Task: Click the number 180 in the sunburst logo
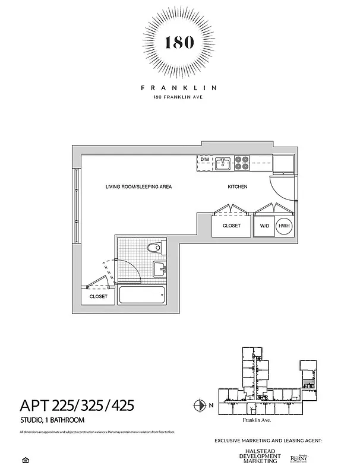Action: (x=179, y=42)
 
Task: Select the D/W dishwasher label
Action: (x=204, y=160)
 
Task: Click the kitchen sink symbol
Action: (x=223, y=162)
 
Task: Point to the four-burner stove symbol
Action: (x=242, y=162)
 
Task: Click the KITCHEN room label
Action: (x=238, y=187)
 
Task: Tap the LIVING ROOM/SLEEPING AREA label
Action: (x=138, y=187)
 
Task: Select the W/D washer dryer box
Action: (x=264, y=226)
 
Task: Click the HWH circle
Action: (x=284, y=226)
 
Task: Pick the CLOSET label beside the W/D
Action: (x=232, y=226)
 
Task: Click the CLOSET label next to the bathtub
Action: (x=99, y=296)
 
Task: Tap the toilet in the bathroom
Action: (x=153, y=248)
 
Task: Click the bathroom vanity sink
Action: (x=161, y=270)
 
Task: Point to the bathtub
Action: (x=142, y=295)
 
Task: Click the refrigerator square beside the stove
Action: (x=283, y=163)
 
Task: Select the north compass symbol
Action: (x=199, y=406)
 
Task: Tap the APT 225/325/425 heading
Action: (x=77, y=406)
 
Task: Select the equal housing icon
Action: (x=24, y=460)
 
